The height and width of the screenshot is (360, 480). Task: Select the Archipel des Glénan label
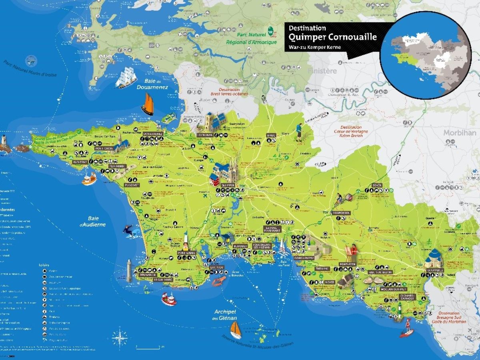[225, 315]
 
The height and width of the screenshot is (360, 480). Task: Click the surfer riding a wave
[131, 232]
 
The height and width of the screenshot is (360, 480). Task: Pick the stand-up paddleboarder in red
[407, 328]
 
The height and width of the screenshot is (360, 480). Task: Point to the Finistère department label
[322, 71]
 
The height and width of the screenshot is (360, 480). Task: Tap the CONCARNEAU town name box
[305, 258]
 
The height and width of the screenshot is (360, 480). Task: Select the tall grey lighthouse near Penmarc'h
[129, 271]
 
